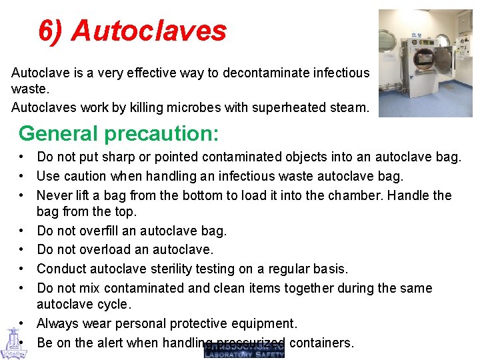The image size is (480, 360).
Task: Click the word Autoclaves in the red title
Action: point(149,31)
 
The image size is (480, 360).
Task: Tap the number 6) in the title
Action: point(51,31)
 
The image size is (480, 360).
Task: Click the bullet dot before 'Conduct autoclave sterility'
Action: point(23,269)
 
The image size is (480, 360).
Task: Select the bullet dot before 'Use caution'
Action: point(23,176)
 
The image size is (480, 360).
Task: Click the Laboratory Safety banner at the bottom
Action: point(244,351)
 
